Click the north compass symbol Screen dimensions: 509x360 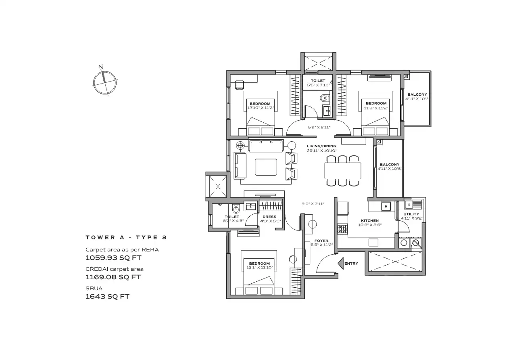click(105, 82)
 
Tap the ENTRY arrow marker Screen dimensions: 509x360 click(341, 264)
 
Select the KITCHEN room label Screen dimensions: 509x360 click(370, 221)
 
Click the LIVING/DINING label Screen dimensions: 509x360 click(321, 146)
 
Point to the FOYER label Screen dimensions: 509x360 click(321, 241)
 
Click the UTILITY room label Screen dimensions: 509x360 click(411, 214)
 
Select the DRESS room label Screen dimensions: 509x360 click(269, 217)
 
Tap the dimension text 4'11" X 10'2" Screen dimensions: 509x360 click(417, 99)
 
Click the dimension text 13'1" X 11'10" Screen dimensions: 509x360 click(259, 268)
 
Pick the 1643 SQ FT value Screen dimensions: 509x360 click(107, 297)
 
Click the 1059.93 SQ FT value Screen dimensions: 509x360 click(113, 257)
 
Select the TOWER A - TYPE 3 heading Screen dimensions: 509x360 click(126, 237)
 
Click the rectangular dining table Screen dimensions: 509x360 click(343, 171)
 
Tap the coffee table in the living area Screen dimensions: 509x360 click(266, 167)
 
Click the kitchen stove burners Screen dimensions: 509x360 click(342, 229)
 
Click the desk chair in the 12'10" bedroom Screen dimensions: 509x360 click(239, 85)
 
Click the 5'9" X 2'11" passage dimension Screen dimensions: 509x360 click(319, 128)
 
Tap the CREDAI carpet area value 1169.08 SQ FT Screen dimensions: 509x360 click(113, 277)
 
